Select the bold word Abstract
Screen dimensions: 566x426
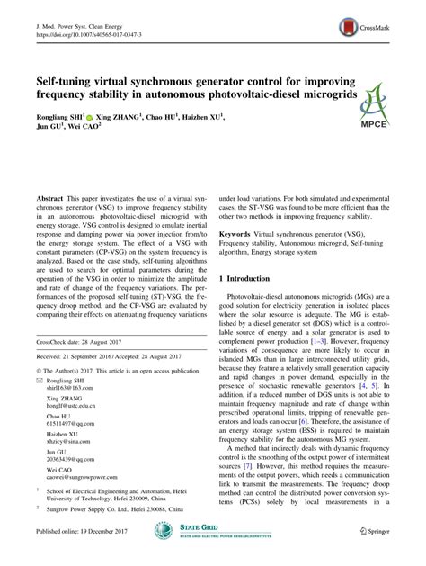tap(49, 196)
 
